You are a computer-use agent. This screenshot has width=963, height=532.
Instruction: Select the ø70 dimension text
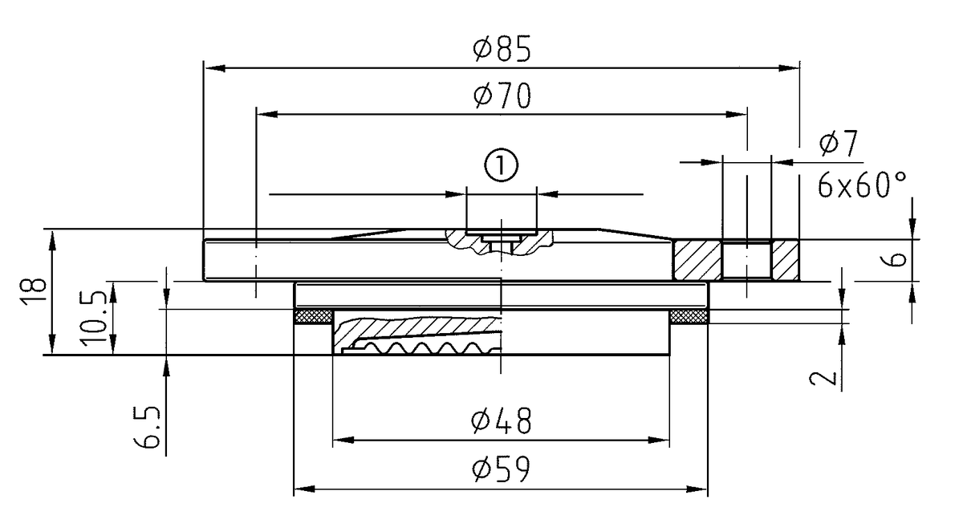pos(502,97)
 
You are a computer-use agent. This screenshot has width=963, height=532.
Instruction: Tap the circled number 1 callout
pos(501,166)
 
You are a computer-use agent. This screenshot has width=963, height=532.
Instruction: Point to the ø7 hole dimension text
pos(839,146)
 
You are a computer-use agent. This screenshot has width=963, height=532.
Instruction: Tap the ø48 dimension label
pos(502,421)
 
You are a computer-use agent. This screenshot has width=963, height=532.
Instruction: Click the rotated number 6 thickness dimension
pos(900,259)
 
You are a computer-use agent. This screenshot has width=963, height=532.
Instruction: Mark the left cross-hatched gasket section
pos(314,317)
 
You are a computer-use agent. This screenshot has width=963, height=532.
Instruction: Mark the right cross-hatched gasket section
pos(688,317)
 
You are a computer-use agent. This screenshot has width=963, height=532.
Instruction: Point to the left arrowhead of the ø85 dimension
pos(210,69)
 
